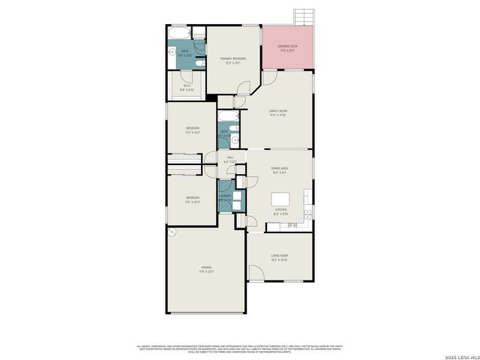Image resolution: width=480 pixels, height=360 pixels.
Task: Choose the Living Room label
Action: pos(279,256)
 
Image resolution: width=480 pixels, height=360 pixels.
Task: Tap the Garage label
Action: pos(205,268)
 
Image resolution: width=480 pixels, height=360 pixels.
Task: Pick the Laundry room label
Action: pos(224,198)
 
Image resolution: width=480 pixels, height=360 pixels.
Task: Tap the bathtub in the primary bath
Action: pos(179,34)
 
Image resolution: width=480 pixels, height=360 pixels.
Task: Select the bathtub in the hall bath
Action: pos(229,116)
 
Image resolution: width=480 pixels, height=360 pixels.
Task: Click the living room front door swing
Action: pos(255,274)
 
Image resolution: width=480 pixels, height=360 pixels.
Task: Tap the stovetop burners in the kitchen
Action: pos(292,225)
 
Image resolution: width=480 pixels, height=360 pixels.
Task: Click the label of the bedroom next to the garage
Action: pos(193,199)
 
